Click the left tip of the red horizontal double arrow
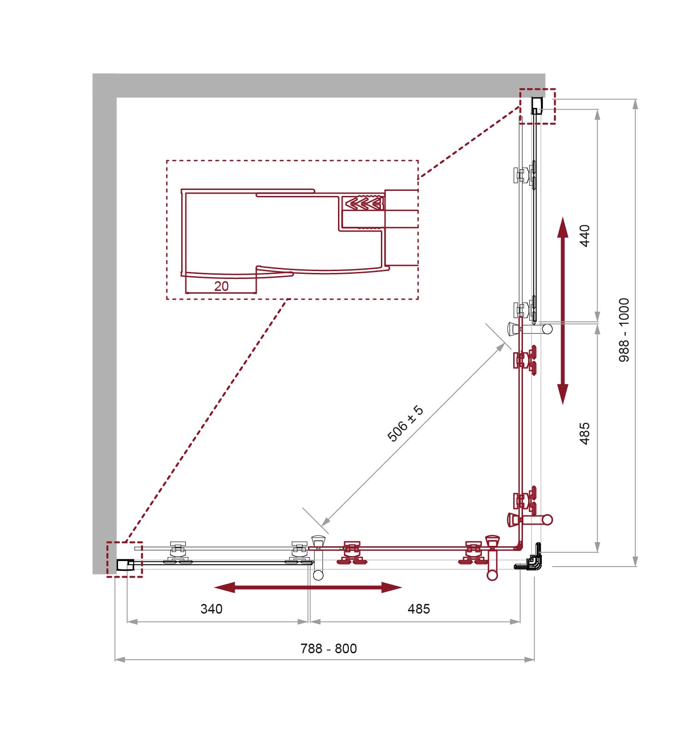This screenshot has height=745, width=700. pyautogui.click(x=214, y=587)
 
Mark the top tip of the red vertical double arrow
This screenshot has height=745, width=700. pyautogui.click(x=563, y=217)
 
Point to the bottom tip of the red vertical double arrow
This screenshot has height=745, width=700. pyautogui.click(x=563, y=405)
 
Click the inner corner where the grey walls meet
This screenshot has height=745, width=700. pyautogui.click(x=117, y=98)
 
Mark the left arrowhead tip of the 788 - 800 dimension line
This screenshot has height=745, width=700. pyautogui.click(x=115, y=660)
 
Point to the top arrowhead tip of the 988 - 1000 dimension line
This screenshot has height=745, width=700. pyautogui.click(x=635, y=99)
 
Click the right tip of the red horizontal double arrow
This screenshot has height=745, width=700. pyautogui.click(x=403, y=587)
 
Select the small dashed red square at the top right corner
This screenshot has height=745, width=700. pyautogui.click(x=537, y=106)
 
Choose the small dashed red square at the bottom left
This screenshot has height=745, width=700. pyautogui.click(x=125, y=559)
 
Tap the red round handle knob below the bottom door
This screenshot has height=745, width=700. pyautogui.click(x=492, y=574)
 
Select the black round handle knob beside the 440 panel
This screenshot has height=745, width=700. pyautogui.click(x=547, y=329)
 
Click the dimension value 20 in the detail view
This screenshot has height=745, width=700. pyautogui.click(x=221, y=286)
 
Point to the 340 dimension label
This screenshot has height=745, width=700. pyautogui.click(x=212, y=609)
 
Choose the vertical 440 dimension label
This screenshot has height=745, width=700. pyautogui.click(x=584, y=236)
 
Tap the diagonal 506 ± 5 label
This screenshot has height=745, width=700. pyautogui.click(x=405, y=424)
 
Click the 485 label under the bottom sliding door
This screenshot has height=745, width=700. pyautogui.click(x=419, y=609)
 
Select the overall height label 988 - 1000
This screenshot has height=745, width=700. pyautogui.click(x=623, y=330)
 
